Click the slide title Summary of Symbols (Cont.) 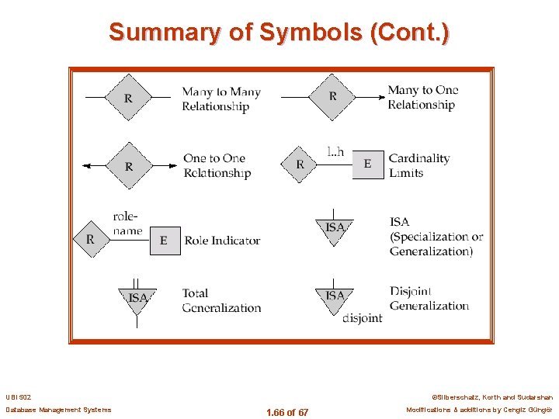pyautogui.click(x=279, y=33)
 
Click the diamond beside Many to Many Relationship pyautogui.click(x=129, y=98)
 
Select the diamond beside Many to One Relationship pyautogui.click(x=333, y=97)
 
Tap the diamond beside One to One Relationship pyautogui.click(x=129, y=165)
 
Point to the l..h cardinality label pyautogui.click(x=335, y=152)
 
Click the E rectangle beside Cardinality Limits pyautogui.click(x=367, y=164)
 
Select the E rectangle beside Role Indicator pyautogui.click(x=164, y=241)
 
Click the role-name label pyautogui.click(x=127, y=223)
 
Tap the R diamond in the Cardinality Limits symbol pyautogui.click(x=300, y=164)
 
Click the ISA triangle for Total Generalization pyautogui.click(x=137, y=299)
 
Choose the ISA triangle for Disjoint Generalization pyautogui.click(x=335, y=297)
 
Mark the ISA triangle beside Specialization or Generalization pyautogui.click(x=335, y=228)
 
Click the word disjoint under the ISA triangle pyautogui.click(x=362, y=318)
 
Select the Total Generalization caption pyautogui.click(x=221, y=300)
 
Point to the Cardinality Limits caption pyautogui.click(x=418, y=165)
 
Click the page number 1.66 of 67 pyautogui.click(x=286, y=412)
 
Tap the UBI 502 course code pyautogui.click(x=19, y=397)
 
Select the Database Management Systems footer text pyautogui.click(x=58, y=410)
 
